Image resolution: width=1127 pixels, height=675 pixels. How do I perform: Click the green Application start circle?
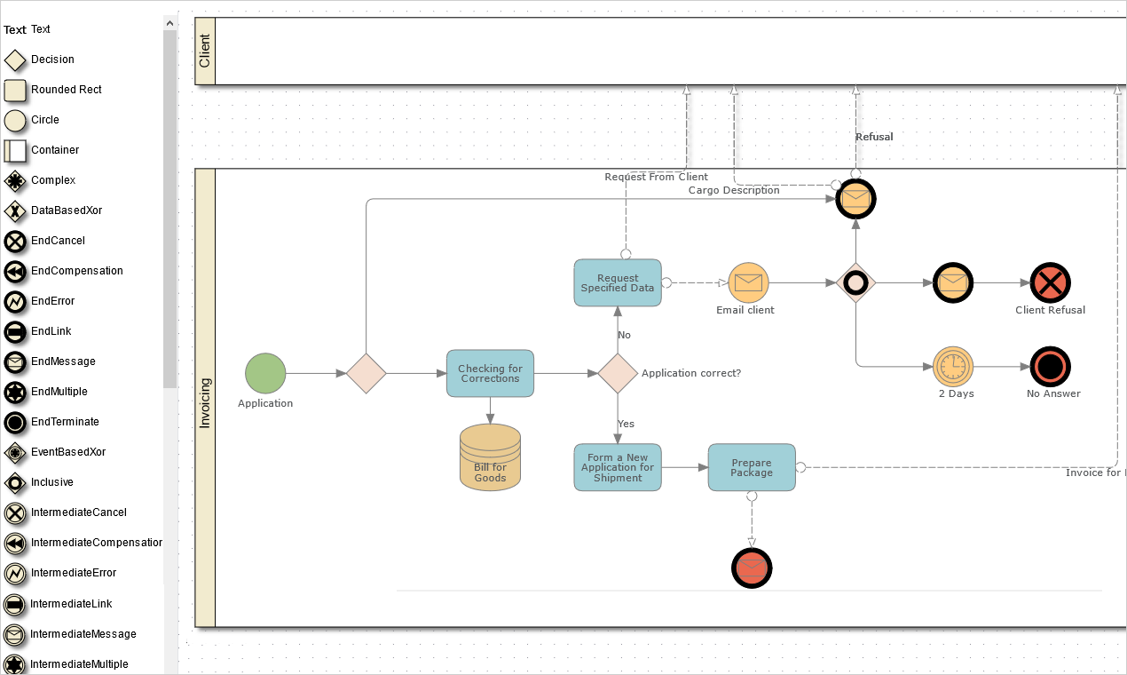(265, 373)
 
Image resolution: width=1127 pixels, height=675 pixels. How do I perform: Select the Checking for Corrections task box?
(490, 373)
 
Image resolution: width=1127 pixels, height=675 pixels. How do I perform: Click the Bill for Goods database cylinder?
(490, 457)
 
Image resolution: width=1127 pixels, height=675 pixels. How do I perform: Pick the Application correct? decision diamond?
(618, 373)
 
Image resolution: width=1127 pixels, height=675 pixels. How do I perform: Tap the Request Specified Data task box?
(618, 282)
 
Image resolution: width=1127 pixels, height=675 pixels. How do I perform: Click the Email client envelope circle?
(748, 282)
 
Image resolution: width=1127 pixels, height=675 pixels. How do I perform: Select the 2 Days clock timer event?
(953, 366)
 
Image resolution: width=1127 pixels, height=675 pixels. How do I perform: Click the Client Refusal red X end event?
(1050, 283)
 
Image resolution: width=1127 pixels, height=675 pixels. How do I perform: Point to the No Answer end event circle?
(1050, 366)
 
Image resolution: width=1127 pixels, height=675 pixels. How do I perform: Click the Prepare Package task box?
(752, 467)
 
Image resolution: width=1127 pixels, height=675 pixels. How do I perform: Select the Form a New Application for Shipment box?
(618, 467)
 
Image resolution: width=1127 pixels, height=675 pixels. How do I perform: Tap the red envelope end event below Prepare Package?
(752, 568)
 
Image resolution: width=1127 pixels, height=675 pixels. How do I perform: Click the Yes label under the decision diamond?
(627, 424)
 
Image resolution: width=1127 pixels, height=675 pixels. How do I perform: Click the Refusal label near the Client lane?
(874, 137)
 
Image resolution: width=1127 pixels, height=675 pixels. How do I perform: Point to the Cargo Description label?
(734, 190)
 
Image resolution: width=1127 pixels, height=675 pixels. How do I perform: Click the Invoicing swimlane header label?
(205, 403)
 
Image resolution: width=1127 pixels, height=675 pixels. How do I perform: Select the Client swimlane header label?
(205, 52)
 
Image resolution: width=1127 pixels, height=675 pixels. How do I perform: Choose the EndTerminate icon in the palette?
(15, 422)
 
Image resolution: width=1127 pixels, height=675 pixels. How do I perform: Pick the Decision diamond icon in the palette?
(15, 60)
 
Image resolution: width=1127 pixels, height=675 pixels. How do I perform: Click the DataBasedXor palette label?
(67, 210)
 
